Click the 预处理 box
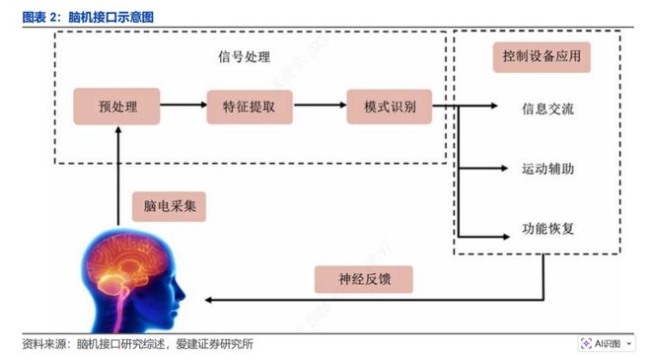tap(117, 106)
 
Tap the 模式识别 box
tap(389, 106)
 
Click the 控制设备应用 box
tap(541, 57)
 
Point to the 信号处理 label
tap(244, 57)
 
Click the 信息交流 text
tap(547, 108)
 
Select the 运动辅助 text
tap(547, 170)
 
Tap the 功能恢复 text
tap(547, 230)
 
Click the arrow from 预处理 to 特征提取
tap(181, 106)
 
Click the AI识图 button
tap(607, 343)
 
